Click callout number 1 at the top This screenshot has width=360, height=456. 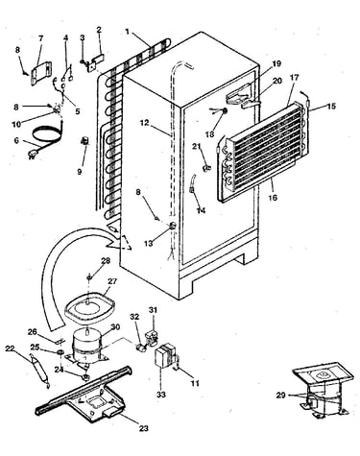click(x=128, y=32)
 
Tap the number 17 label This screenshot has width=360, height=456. click(x=294, y=78)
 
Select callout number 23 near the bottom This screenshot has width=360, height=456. click(x=144, y=428)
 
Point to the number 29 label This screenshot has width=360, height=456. click(x=280, y=396)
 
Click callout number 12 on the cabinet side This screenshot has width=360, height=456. click(x=145, y=123)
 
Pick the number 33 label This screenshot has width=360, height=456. click(x=161, y=395)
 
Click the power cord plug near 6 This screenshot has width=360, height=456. click(x=33, y=155)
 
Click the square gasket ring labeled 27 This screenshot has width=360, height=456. click(x=88, y=310)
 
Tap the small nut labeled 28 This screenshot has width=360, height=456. click(x=89, y=276)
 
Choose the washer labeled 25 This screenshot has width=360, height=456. click(x=60, y=352)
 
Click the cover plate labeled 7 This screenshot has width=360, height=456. click(x=40, y=74)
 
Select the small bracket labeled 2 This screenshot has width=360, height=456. click(x=96, y=61)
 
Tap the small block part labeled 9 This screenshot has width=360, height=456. click(x=85, y=141)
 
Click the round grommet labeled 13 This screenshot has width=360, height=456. click(x=172, y=226)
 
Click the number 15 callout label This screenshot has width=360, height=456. click(x=332, y=106)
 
